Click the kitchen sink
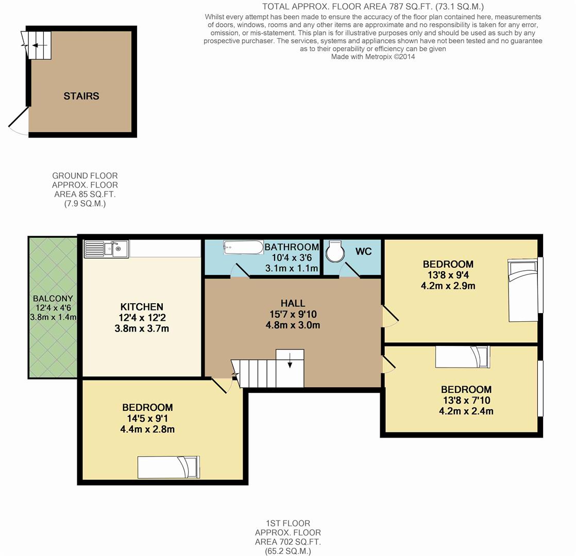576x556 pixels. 106,249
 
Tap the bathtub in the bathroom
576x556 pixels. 243,247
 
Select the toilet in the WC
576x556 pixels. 335,251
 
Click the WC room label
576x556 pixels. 363,251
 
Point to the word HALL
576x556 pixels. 293,304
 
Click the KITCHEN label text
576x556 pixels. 142,307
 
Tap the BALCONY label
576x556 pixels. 53,299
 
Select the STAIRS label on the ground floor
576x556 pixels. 81,96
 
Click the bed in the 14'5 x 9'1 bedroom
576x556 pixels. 168,467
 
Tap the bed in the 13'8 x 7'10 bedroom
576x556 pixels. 463,357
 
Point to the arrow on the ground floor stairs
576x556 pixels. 40,45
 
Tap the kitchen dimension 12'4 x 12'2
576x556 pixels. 142,318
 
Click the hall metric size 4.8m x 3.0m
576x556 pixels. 293,325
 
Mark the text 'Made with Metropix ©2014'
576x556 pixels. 373,57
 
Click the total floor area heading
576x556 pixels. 373,7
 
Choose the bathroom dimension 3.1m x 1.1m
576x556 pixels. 292,268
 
